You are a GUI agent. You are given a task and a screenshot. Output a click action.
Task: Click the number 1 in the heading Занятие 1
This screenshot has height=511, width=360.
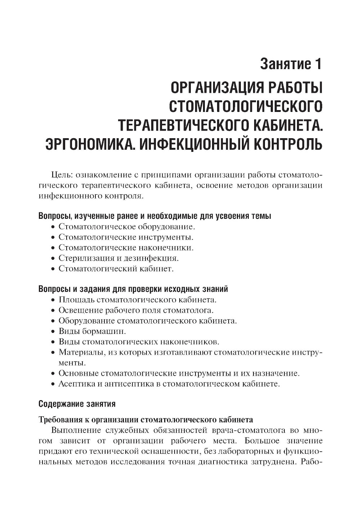[x=316, y=64]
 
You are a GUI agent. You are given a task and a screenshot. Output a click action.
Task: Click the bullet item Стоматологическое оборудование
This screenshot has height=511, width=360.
[x=126, y=227]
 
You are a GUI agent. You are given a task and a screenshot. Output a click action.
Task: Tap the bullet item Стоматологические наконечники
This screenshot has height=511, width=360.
[x=126, y=248]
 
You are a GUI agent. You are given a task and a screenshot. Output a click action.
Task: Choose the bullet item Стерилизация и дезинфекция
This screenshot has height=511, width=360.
[x=118, y=258]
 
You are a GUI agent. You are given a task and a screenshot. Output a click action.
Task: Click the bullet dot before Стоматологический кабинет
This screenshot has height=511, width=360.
[x=53, y=269]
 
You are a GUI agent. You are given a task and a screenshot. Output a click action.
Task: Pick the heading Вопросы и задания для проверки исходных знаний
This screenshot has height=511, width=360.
[x=133, y=289]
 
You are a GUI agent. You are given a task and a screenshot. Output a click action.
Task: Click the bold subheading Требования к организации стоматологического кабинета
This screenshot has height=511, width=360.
[x=145, y=420]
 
